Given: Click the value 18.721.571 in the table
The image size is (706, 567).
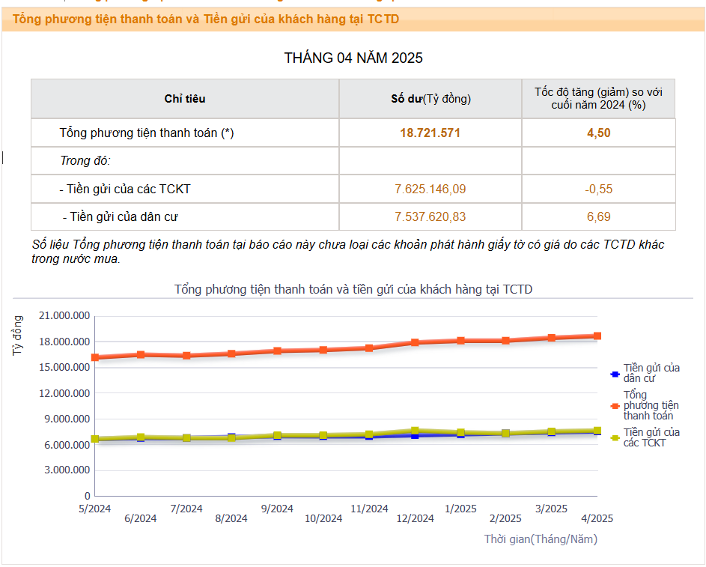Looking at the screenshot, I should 430,133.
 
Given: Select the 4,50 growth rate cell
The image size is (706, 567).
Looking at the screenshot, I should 598,133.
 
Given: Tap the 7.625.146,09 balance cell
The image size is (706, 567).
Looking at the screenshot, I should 430,189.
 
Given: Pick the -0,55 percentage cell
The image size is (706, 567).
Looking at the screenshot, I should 598,189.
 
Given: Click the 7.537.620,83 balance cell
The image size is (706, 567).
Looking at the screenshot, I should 430,217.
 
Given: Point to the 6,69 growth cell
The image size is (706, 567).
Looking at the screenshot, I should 598,217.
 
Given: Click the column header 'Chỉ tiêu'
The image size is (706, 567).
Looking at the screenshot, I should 185,99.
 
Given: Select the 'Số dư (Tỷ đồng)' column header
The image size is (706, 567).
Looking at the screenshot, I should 430,99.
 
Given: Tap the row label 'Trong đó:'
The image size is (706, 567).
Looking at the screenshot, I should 85,161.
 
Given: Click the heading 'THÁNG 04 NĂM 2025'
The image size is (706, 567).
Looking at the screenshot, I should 353,58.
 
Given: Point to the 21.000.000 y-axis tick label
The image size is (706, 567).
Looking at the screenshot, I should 64,316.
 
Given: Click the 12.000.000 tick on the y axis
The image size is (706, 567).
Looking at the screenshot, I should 64,393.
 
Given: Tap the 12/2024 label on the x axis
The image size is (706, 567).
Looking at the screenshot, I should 415,518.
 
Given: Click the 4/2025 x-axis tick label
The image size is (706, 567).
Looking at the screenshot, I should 597,518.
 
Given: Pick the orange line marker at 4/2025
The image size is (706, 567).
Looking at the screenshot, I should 597,336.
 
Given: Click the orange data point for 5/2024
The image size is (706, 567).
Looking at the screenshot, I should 95,357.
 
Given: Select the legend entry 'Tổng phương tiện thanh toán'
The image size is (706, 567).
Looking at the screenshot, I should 650,405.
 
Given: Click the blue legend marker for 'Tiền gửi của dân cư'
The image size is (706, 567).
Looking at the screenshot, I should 615,373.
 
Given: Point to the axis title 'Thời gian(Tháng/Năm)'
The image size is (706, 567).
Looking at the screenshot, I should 541,539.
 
